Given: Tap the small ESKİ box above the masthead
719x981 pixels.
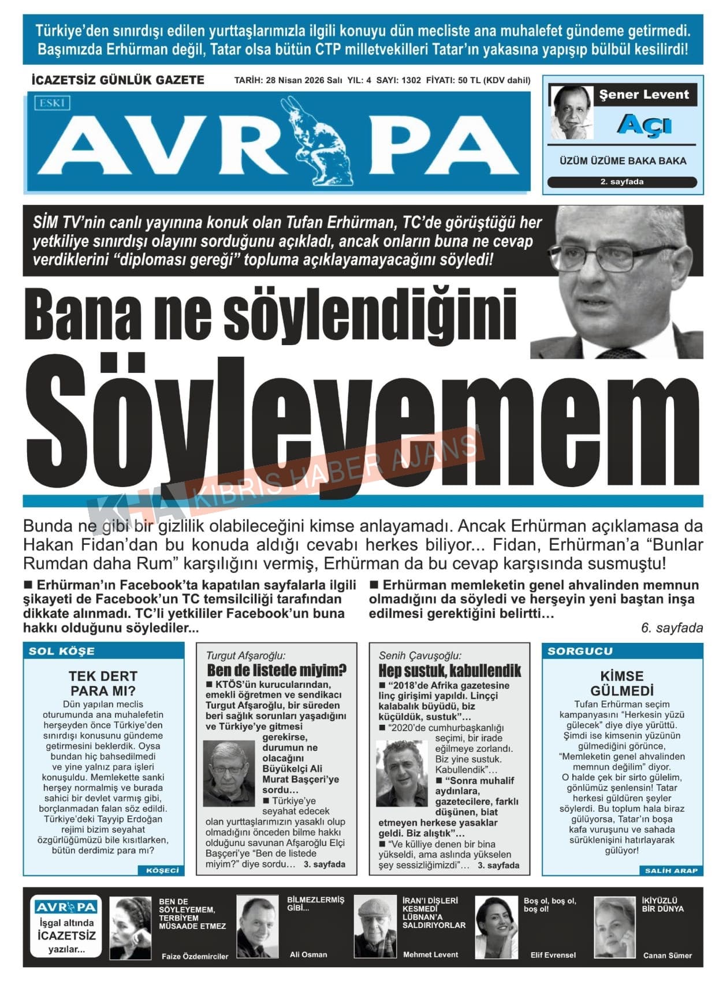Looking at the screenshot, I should coord(52,103).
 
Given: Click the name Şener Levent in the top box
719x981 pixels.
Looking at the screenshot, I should coord(643,95).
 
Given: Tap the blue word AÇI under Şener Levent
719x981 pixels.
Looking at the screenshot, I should coord(644,125).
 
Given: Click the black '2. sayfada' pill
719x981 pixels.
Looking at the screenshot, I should coord(622,182).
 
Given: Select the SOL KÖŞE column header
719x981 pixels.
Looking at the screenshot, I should coord(62,651).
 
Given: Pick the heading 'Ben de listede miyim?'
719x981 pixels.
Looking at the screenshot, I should coord(277,670).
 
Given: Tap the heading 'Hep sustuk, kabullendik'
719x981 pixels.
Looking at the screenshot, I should coord(449,671).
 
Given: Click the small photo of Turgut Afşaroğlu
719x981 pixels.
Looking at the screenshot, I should coord(229,773).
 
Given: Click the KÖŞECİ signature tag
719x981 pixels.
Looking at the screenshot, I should coord(162,870).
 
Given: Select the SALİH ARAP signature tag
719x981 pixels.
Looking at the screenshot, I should coord(670,870).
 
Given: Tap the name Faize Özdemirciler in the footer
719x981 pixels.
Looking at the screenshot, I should coord(195,956).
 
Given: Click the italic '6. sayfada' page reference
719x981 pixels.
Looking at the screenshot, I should coord(672,628).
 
